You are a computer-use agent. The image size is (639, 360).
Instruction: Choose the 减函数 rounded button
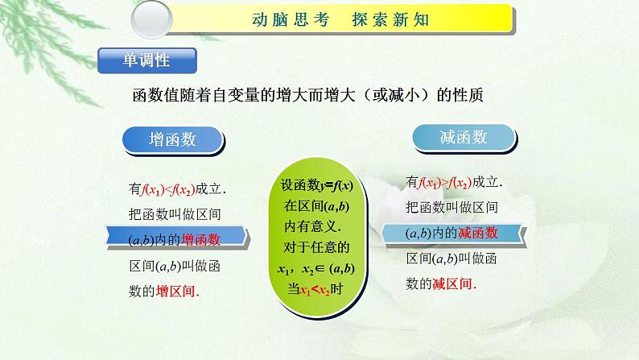pyautogui.click(x=463, y=137)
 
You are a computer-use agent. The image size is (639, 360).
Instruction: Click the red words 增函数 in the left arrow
pyautogui.click(x=201, y=239)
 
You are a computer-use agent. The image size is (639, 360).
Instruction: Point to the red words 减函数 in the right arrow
pyautogui.click(x=478, y=233)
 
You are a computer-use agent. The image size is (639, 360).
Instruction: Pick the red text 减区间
pyautogui.click(x=455, y=283)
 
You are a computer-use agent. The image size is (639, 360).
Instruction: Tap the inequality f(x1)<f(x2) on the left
pyautogui.click(x=168, y=189)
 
